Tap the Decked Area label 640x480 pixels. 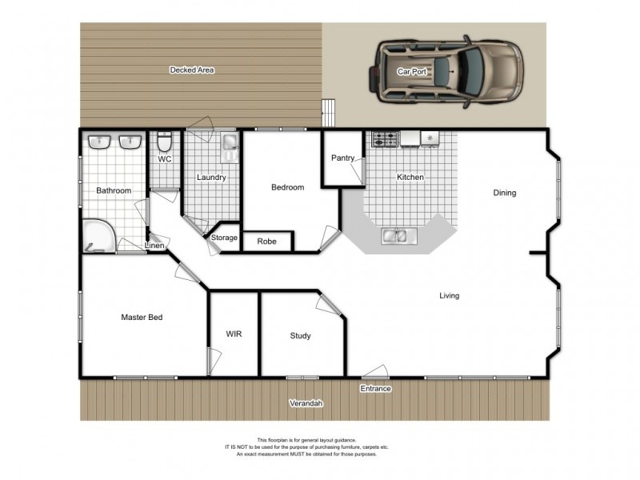click(x=191, y=70)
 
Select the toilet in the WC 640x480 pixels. click(x=164, y=142)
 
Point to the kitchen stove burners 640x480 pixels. click(x=385, y=140)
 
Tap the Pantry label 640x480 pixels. click(x=342, y=158)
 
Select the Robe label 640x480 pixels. click(x=266, y=241)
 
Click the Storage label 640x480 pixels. click(x=224, y=238)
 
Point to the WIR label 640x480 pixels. click(x=234, y=334)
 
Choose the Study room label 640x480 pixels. click(x=300, y=336)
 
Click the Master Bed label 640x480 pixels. click(x=142, y=318)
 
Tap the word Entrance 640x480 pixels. click(x=375, y=389)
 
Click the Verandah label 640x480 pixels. click(x=306, y=403)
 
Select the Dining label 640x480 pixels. click(x=504, y=193)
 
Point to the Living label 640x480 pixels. click(x=449, y=296)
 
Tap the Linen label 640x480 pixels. click(x=155, y=246)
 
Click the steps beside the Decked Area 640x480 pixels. click(x=327, y=112)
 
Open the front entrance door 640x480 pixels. click(x=374, y=373)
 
